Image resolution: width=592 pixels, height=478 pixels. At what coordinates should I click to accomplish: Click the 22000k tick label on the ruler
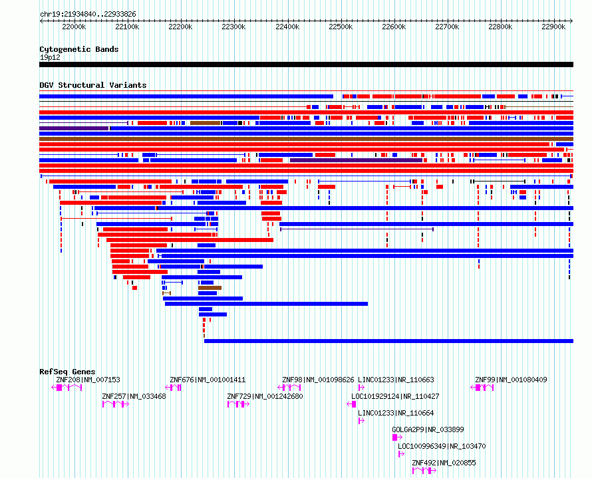coord(73,27)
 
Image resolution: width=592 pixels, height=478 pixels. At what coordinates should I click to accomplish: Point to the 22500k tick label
coord(340,27)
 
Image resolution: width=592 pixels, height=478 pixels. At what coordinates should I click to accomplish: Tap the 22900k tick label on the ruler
coord(553,27)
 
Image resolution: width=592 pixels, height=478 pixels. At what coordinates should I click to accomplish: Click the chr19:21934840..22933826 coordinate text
coord(88,14)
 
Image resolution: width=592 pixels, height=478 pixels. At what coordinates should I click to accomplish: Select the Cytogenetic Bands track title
coord(78,49)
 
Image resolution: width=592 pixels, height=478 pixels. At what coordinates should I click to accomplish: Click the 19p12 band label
coord(50,57)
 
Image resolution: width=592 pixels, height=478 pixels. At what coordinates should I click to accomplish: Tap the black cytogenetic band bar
coord(306,64)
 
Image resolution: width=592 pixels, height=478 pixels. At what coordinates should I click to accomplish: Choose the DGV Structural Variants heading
coord(92,85)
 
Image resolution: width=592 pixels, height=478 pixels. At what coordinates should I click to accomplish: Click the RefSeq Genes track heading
coord(67,372)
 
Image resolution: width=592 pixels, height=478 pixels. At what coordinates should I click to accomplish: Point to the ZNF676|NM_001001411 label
coord(208,380)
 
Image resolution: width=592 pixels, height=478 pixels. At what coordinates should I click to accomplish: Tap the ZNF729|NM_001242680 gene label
coord(265,396)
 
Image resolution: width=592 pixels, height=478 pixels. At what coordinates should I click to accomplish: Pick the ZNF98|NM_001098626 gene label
coord(318,380)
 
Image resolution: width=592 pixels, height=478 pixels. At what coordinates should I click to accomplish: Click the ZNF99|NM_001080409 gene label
coord(511,380)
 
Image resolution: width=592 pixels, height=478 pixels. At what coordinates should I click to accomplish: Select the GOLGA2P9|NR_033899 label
coord(428,429)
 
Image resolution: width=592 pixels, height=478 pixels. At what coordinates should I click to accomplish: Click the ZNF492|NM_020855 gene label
coord(444,463)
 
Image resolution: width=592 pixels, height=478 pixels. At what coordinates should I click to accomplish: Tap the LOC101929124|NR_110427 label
coord(395,396)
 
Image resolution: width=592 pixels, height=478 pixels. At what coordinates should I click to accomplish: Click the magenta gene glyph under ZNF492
coord(424,471)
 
